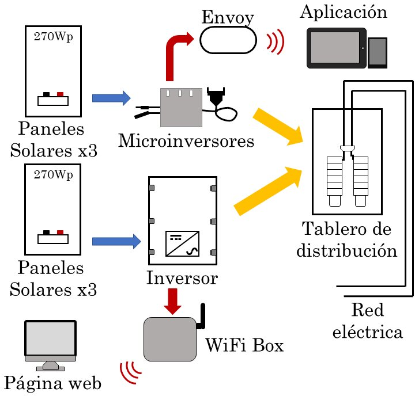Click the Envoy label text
[x=228, y=17]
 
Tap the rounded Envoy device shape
[x=228, y=41]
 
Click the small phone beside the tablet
[x=378, y=53]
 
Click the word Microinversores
[x=186, y=140]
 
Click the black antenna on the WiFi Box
[x=203, y=317]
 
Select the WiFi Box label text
[x=244, y=346]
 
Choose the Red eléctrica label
[x=369, y=321]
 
